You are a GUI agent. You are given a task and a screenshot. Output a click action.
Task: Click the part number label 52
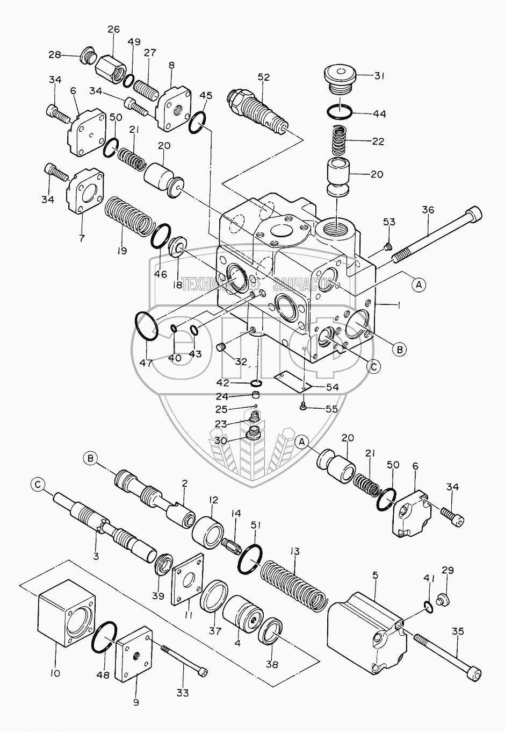click(263, 77)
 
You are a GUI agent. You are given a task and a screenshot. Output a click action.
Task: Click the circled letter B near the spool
click(91, 458)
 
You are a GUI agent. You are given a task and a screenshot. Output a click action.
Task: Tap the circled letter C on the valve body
click(374, 366)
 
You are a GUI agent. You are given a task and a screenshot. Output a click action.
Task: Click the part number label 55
click(331, 409)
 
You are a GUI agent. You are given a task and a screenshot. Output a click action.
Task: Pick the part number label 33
click(183, 693)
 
